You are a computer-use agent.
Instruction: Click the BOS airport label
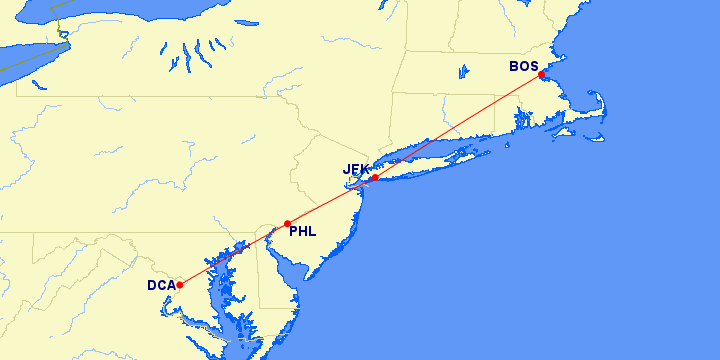coord(523,67)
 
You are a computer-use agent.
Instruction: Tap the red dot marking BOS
coord(541,75)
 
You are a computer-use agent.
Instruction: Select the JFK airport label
coord(356,169)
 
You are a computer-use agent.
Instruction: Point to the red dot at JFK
coord(374,178)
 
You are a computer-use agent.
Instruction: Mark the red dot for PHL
coord(287,224)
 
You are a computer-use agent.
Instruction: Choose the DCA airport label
coord(161,285)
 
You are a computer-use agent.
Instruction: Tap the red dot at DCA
coord(180,285)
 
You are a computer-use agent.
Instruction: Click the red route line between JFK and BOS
coord(457,127)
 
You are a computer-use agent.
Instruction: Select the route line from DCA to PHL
coord(233,255)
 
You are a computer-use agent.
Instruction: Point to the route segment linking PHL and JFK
coord(330,201)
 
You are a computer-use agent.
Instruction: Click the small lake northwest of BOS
coord(464,71)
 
